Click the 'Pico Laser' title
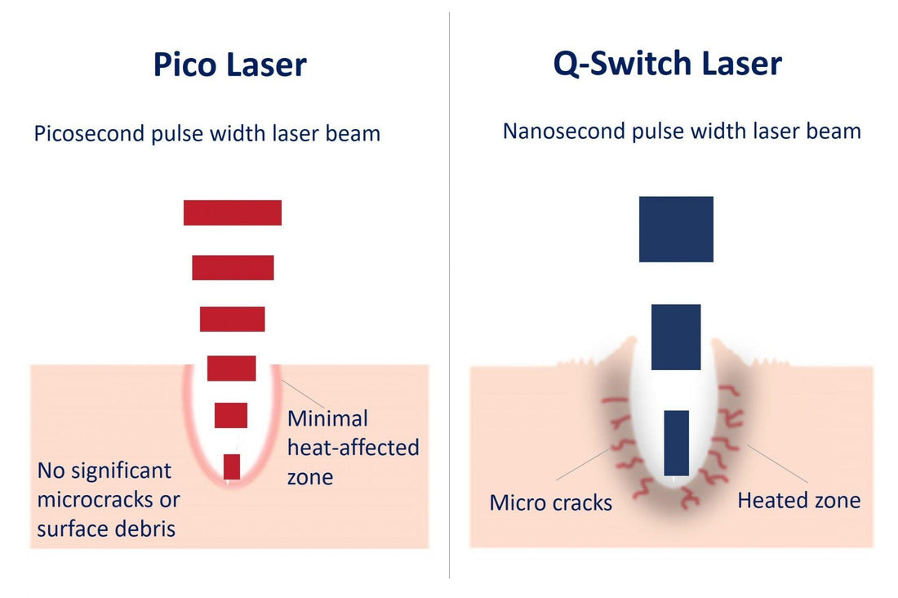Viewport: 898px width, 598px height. tap(229, 64)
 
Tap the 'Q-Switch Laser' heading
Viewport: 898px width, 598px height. tap(667, 63)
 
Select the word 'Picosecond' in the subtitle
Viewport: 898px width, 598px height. tap(89, 134)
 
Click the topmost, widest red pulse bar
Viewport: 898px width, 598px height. tap(233, 212)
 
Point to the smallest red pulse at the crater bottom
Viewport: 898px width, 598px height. tap(231, 466)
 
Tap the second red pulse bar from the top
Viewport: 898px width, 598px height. tap(233, 268)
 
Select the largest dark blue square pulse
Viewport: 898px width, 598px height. tap(677, 230)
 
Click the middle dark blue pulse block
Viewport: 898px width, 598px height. tap(676, 337)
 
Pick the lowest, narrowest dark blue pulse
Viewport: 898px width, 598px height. tap(677, 443)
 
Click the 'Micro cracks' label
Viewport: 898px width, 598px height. tap(551, 502)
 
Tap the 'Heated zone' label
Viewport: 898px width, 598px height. tap(799, 501)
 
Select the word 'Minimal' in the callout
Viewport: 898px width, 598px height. tap(327, 418)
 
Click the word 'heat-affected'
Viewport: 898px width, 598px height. tap(353, 448)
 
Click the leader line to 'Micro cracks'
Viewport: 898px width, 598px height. tap(583, 464)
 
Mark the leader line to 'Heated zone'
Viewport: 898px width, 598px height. tap(777, 463)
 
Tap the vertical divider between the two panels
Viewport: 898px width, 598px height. tap(450, 295)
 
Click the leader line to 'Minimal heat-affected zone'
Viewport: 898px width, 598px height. tap(303, 394)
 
